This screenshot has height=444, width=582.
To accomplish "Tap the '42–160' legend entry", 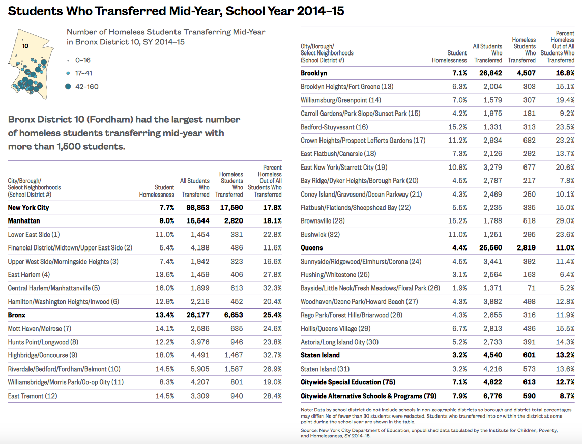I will pos(86,86).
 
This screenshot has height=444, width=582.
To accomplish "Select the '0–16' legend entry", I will pos(82,60).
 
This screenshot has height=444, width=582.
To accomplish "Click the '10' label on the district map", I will pos(25,45).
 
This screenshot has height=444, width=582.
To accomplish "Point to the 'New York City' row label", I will pos(28,208).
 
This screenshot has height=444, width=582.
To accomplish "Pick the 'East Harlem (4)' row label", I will pos(29,275).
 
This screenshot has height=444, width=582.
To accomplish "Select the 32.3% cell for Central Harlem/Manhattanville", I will pos(272,288).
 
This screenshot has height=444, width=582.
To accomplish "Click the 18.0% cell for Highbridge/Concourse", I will pos(165,355).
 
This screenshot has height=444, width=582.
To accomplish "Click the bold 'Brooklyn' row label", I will pos(314,73).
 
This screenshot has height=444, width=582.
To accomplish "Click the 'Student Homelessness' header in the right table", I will pos(449,57).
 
